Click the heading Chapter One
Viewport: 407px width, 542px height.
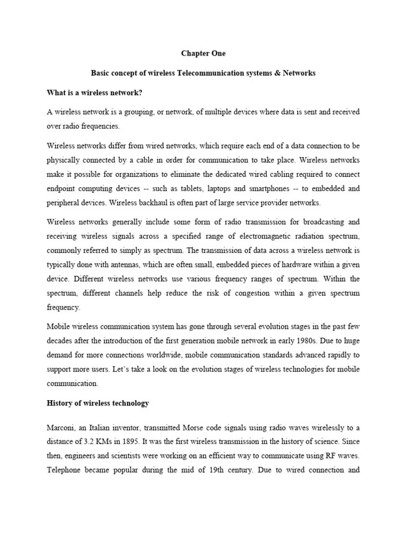coord(203,53)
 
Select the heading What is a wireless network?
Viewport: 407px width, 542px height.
coord(95,93)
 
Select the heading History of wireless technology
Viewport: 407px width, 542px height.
coord(98,403)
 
